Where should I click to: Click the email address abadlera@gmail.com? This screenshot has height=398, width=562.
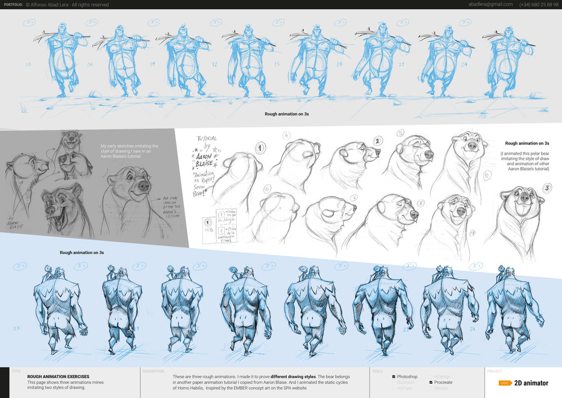pyautogui.click(x=490, y=5)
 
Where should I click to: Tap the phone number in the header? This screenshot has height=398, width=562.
pyautogui.click(x=538, y=5)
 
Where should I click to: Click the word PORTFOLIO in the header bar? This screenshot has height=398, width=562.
pyautogui.click(x=13, y=5)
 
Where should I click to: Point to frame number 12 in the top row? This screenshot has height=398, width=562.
pyautogui.click(x=214, y=64)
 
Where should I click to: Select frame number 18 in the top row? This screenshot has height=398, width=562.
pyautogui.click(x=339, y=64)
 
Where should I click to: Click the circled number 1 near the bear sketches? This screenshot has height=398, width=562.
pyautogui.click(x=261, y=148)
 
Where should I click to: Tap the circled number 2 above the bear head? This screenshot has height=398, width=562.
pyautogui.click(x=377, y=141)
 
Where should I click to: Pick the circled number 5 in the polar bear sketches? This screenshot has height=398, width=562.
pyautogui.click(x=400, y=133)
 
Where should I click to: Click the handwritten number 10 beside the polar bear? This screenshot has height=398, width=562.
pyautogui.click(x=487, y=176)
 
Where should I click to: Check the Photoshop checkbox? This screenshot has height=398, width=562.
pyautogui.click(x=394, y=377)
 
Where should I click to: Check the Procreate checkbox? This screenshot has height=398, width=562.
pyautogui.click(x=431, y=382)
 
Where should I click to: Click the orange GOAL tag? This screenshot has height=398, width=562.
pyautogui.click(x=505, y=383)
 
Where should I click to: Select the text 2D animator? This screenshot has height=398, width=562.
pyautogui.click(x=531, y=383)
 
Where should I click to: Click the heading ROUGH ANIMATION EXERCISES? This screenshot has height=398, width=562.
pyautogui.click(x=58, y=376)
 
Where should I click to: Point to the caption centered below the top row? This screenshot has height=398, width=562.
pyautogui.click(x=286, y=114)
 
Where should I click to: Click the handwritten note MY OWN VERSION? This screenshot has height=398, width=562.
pyautogui.click(x=171, y=204)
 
